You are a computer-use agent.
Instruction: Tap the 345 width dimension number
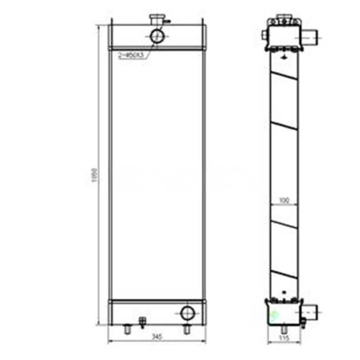157,337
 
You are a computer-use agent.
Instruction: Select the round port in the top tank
157,35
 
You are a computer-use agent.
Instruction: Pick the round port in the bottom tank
187,312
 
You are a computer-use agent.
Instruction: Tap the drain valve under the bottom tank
142,322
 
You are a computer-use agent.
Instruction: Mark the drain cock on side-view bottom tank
303,321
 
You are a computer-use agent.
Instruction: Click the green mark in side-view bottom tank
274,312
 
